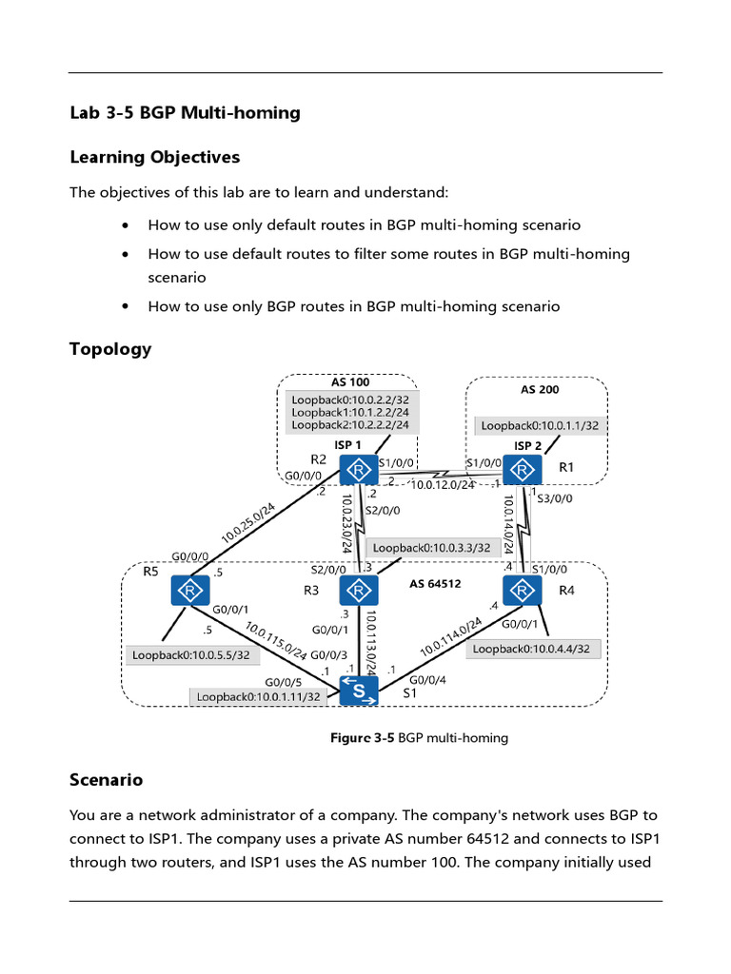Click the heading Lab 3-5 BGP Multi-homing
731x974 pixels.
185,113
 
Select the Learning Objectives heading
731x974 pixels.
154,157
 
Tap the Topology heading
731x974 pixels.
110,349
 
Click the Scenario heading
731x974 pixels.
106,780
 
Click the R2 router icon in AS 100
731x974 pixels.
358,470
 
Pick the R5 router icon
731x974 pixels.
190,591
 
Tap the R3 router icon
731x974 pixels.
358,591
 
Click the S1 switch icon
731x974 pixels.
358,692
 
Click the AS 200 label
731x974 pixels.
540,390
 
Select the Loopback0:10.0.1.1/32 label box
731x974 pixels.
540,426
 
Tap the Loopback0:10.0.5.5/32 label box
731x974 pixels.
190,654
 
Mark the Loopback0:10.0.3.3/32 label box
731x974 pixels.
432,547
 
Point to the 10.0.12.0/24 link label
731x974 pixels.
442,485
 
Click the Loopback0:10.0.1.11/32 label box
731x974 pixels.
258,697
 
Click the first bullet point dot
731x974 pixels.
127,226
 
